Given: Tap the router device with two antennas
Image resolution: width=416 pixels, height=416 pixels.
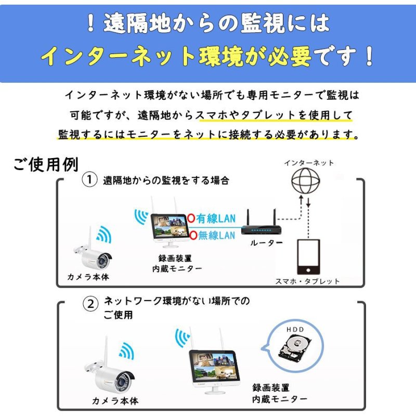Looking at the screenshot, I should click(262, 227).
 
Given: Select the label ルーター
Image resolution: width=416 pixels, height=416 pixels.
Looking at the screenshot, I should click(266, 243).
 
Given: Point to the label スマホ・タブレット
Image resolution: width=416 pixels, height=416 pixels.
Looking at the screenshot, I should click(307, 281).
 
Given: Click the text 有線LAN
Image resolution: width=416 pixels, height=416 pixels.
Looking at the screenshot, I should click(215, 219).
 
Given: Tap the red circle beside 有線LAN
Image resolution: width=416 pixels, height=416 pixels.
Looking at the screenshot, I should click(191, 219).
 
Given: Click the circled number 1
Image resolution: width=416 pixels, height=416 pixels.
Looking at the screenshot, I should click(90, 180).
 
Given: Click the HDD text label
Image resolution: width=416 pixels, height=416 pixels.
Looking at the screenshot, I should click(294, 330).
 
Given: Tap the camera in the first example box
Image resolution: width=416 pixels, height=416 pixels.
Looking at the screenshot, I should click(95, 256).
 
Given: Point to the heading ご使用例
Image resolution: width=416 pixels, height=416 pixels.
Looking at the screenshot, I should click(46, 164).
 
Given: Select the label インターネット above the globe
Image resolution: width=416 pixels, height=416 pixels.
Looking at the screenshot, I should click(309, 163).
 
